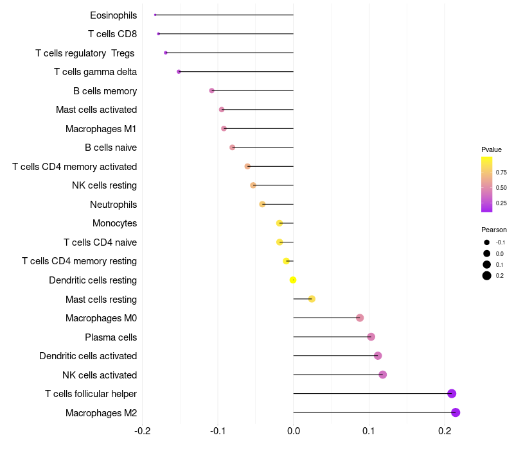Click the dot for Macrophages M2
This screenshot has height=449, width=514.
(456, 412)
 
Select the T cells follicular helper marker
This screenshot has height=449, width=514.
(452, 394)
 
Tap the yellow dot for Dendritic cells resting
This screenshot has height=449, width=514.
(293, 280)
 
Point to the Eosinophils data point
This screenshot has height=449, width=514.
(155, 15)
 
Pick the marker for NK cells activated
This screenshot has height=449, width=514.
(383, 375)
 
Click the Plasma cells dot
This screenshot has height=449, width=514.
(371, 337)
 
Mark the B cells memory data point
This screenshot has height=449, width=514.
(212, 90)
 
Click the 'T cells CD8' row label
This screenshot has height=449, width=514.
(112, 34)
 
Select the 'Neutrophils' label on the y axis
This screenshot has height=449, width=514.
(113, 205)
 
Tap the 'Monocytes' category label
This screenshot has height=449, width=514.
(114, 223)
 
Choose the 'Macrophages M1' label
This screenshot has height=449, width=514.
(101, 129)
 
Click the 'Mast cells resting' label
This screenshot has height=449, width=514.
(101, 300)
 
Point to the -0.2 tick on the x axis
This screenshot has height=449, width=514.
(142, 430)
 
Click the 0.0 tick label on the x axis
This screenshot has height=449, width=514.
(294, 430)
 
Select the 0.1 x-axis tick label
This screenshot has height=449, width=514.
(369, 430)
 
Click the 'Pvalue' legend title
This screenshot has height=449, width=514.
(492, 149)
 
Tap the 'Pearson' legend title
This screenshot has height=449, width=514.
(494, 230)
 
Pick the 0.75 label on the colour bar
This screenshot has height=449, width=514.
(501, 172)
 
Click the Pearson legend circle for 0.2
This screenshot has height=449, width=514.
(487, 276)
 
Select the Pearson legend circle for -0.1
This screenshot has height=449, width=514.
(487, 242)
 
